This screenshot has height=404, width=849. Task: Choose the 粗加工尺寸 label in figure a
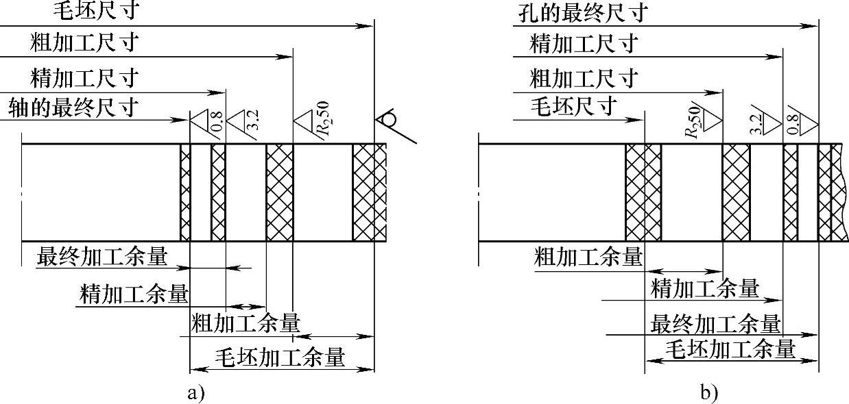click(x=84, y=44)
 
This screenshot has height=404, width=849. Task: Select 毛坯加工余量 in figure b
click(x=730, y=349)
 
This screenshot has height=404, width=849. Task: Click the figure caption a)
click(x=195, y=393)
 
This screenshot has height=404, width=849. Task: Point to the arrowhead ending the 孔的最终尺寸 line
click(x=813, y=27)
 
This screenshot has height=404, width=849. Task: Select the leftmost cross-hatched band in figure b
click(x=643, y=192)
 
